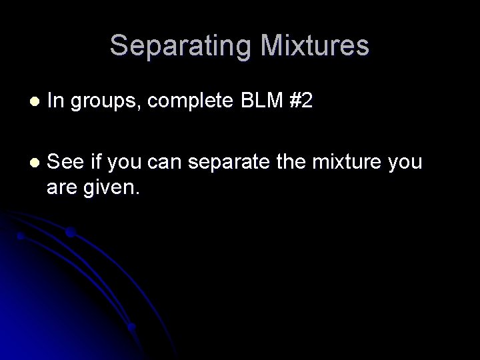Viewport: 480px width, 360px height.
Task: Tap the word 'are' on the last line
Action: pos(62,187)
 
